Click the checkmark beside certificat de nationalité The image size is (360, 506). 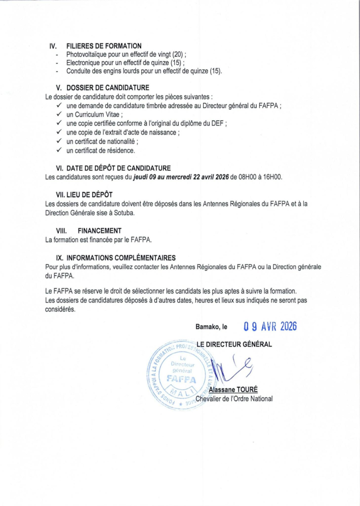tap(59, 141)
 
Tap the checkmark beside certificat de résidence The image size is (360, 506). tap(59, 150)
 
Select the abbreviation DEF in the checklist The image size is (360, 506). tap(217, 123)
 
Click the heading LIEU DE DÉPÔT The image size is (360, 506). tap(94, 195)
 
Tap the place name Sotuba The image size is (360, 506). tap(122, 212)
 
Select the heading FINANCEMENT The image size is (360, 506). tap(99, 231)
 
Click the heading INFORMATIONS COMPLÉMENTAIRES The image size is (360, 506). tap(121, 257)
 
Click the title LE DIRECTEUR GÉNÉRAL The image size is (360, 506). tap(234, 344)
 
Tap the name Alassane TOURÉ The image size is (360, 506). tap(234, 389)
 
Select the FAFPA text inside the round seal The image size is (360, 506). tap(181, 379)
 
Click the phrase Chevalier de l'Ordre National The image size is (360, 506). tap(234, 398)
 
